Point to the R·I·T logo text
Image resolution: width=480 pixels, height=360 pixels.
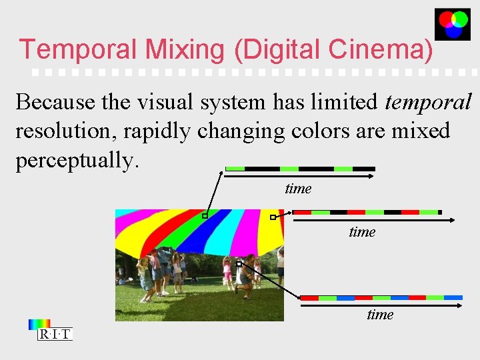tap(55, 335)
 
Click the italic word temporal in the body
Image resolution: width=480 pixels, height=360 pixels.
tap(428, 102)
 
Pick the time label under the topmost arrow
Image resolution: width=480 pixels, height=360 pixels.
tap(298, 189)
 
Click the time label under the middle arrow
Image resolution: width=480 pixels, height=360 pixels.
tap(362, 232)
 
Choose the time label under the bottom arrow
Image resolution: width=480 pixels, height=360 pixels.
tap(380, 314)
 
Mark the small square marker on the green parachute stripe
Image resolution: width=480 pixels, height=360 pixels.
tap(205, 216)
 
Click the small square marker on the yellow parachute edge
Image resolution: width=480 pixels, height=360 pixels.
tap(272, 217)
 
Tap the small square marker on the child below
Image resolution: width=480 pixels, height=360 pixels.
tap(239, 263)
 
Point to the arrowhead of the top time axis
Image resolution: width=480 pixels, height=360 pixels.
tap(373, 177)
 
